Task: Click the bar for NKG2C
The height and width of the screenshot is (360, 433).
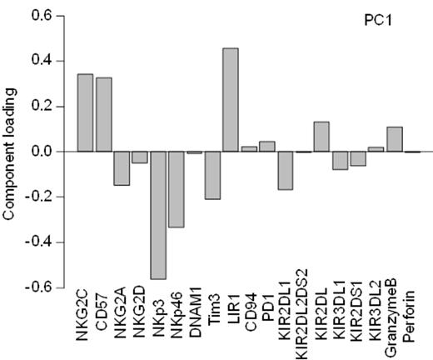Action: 85,113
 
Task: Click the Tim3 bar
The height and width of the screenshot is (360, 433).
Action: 212,175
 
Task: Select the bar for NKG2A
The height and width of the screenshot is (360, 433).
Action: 122,168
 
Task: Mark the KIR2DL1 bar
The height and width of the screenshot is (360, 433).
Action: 286,171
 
